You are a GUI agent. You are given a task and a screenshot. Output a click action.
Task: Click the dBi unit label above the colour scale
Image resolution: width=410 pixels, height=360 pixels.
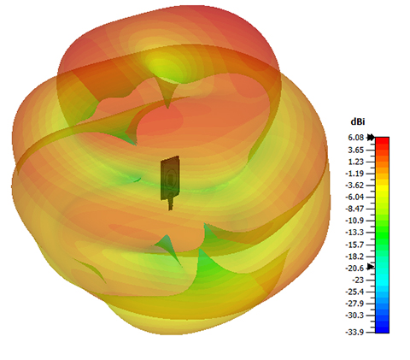pos(358,122)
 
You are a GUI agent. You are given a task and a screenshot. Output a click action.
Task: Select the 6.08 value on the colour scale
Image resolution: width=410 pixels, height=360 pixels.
pos(356,138)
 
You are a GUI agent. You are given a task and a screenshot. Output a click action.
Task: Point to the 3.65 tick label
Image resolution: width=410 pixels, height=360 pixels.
pos(356,150)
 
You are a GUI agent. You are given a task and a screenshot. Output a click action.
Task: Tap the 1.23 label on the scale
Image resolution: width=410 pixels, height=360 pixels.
pos(356,162)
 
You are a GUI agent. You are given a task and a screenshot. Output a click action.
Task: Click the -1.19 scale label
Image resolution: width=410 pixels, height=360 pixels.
pos(354,174)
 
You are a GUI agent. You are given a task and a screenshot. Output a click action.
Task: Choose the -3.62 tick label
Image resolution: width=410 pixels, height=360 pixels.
pos(354,186)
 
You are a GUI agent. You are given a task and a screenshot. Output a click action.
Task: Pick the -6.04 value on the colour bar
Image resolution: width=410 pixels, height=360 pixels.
pos(354,198)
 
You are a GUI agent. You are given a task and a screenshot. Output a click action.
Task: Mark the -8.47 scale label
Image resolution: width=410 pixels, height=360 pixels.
pos(354,209)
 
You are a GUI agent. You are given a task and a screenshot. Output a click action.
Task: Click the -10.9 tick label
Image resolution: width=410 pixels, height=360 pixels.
pos(354,221)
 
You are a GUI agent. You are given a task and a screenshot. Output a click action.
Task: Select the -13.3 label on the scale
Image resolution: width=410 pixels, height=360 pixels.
pos(354,233)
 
